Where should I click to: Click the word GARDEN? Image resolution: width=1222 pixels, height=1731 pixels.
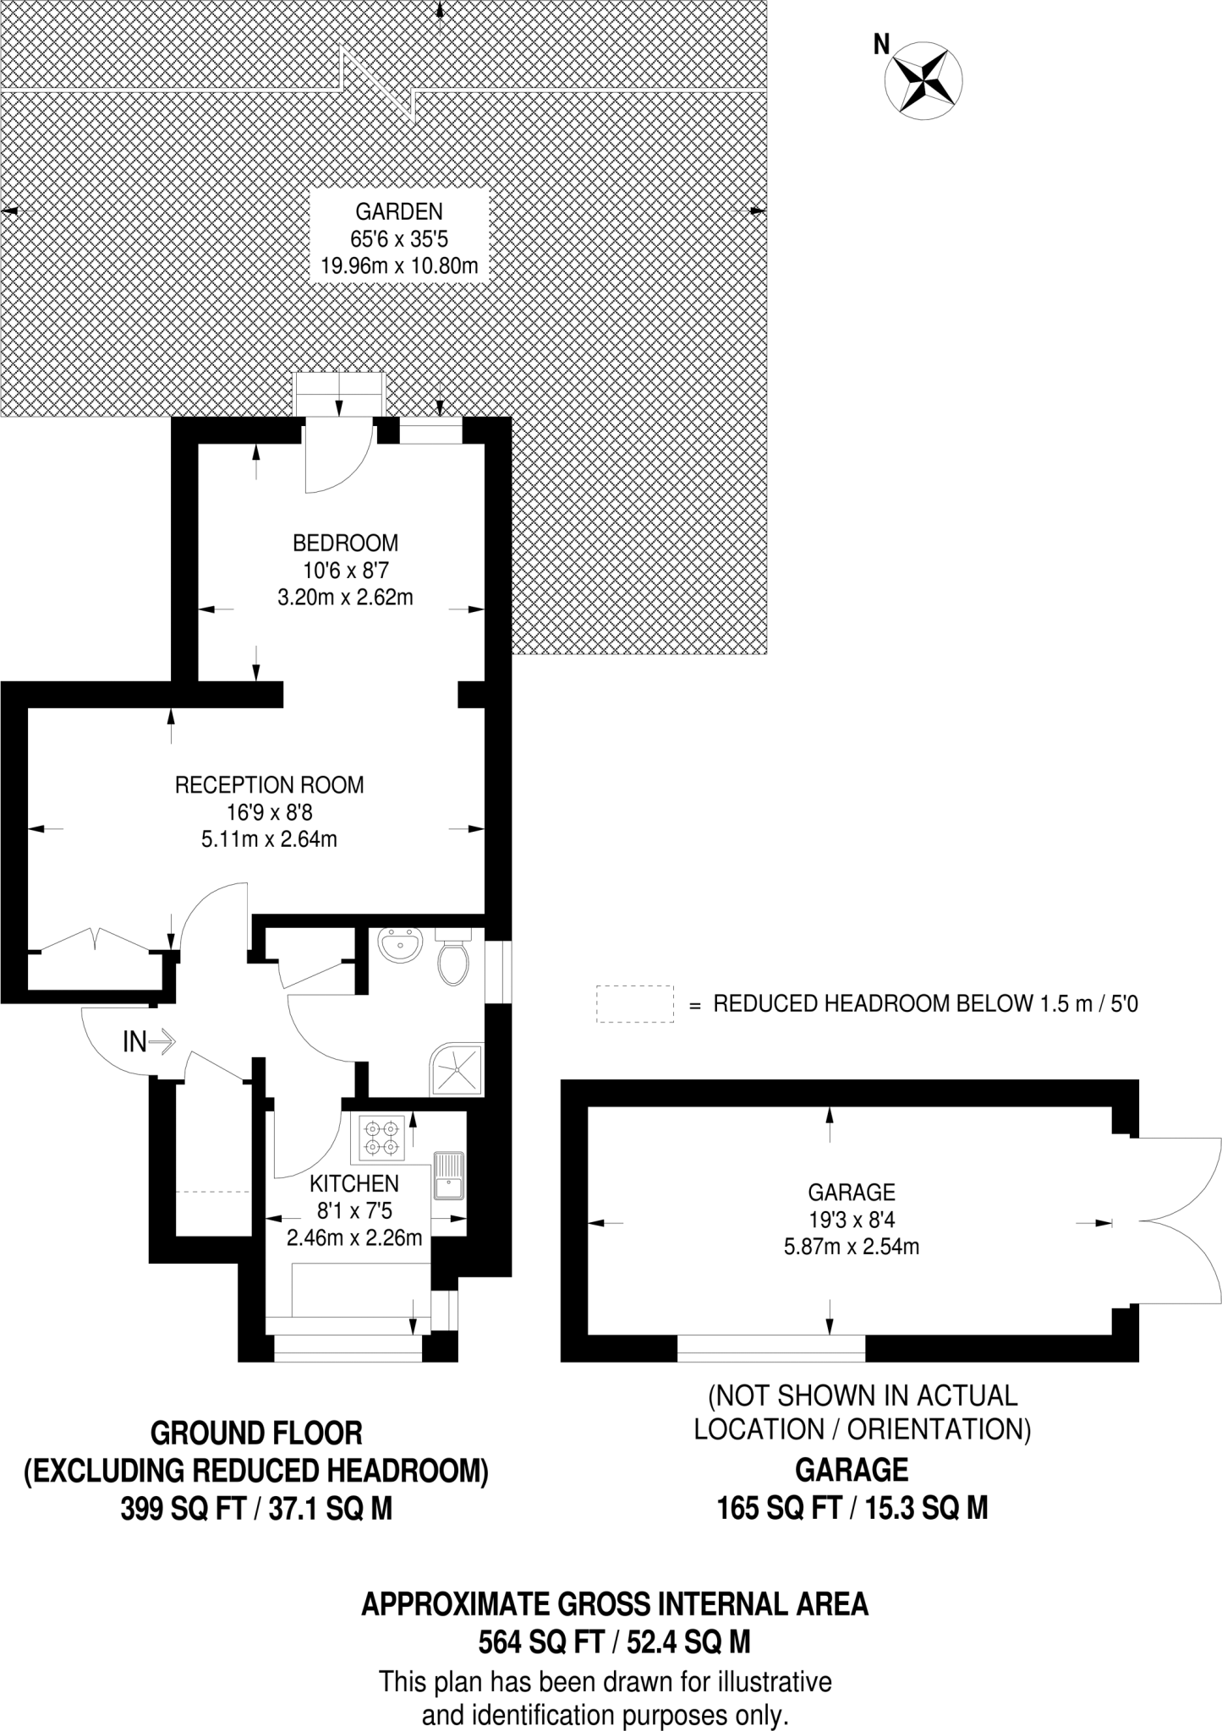coord(399,211)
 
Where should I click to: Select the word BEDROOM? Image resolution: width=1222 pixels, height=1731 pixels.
coord(345,543)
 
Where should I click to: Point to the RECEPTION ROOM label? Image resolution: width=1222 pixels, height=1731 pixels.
coord(270,784)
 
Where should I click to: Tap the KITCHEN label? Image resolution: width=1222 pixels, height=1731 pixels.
coord(353,1183)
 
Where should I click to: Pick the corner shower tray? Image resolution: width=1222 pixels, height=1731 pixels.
coord(458,1070)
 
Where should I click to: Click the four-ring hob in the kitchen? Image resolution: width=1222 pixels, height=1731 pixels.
coord(381,1138)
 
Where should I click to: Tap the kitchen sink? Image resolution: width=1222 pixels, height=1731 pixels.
coord(449,1176)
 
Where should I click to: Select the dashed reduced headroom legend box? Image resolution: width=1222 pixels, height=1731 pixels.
coord(635,1004)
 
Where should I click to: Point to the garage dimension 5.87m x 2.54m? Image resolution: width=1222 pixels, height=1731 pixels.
coord(852,1246)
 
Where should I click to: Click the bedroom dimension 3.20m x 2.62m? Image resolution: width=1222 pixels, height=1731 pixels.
coord(345,598)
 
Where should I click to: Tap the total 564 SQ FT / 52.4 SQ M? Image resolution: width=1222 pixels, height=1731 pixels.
coord(615,1641)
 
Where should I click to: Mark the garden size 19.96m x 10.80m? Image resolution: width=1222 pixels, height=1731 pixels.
coord(399,266)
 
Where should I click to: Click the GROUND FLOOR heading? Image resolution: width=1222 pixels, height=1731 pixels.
coord(256,1433)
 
